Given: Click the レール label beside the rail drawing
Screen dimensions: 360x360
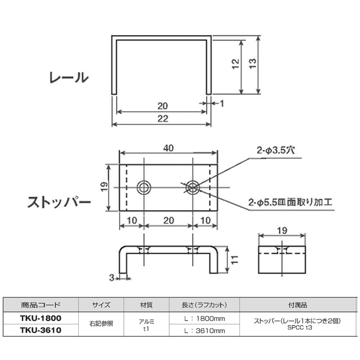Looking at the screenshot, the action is tap(69, 77).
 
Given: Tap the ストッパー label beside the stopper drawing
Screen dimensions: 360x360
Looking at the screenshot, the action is tap(59, 202).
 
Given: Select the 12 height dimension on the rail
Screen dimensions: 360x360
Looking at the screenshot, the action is tap(236, 64).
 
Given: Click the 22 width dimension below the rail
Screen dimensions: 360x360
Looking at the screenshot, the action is tap(163, 119).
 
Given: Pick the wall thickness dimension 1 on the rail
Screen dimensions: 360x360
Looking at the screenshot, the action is tap(222, 104).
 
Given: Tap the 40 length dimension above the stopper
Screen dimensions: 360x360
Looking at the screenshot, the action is tap(168, 148).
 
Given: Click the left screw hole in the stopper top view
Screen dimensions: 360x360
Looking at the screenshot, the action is tap(144, 188).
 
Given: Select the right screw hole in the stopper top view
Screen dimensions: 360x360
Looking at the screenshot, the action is tap(192, 188).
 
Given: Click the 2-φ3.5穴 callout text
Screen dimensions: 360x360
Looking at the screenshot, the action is tap(276, 150).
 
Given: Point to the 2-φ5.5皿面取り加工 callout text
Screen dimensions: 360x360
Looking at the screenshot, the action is tap(290, 202).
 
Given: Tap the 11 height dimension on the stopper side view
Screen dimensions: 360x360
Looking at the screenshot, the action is tap(235, 259).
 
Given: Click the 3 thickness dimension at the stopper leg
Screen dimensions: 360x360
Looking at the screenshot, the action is tap(111, 278).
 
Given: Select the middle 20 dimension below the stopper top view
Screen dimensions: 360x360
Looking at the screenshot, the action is tap(168, 220).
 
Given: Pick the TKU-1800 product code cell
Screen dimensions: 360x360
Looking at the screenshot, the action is tap(41, 318).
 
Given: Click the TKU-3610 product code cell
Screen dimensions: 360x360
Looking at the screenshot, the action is tap(41, 330).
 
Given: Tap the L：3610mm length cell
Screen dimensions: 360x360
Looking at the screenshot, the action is tap(204, 331).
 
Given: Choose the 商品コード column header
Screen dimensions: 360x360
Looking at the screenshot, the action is tap(41, 305).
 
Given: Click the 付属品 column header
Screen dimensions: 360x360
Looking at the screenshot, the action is tap(298, 305).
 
